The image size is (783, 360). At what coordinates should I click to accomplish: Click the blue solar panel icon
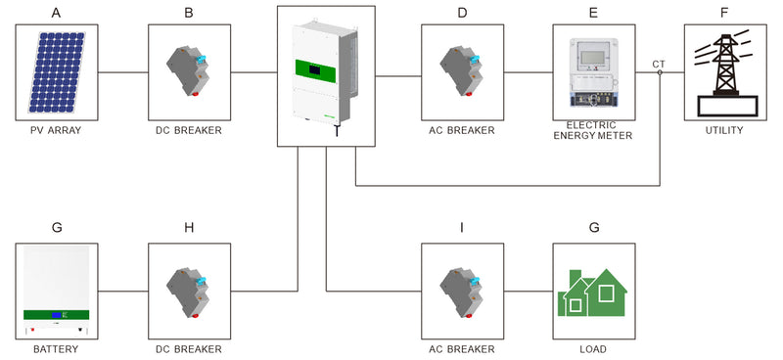(57, 71)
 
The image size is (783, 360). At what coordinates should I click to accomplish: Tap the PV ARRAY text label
(57, 130)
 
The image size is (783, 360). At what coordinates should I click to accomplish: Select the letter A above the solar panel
(57, 12)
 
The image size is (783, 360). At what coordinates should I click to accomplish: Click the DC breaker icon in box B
(190, 71)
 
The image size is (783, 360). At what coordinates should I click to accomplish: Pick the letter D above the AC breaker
(462, 12)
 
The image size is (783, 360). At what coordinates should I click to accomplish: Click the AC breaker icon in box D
(462, 71)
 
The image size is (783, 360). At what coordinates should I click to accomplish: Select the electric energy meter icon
(593, 71)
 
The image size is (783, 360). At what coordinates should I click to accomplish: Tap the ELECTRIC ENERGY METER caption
(593, 130)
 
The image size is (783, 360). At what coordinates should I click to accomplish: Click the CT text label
(660, 65)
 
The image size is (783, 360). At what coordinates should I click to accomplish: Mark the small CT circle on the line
(660, 72)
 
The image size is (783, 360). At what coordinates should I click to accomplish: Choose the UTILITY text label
(724, 130)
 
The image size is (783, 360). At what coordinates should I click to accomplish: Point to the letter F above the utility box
(724, 12)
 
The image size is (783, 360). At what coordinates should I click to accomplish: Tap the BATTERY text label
(57, 349)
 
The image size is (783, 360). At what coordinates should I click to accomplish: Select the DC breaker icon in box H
(190, 291)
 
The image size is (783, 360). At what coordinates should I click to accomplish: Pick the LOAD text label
(593, 349)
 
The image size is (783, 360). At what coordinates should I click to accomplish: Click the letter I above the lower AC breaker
(462, 228)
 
